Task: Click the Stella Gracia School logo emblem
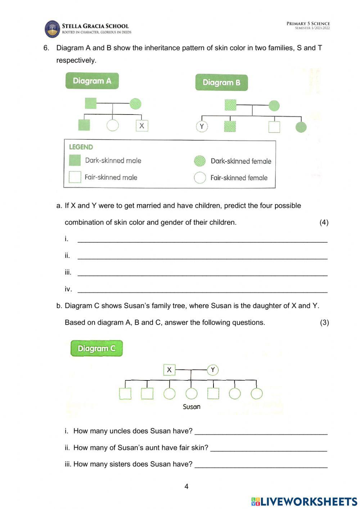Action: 52,29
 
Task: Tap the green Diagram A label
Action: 92,81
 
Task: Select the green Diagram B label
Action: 221,82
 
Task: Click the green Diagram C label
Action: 96,348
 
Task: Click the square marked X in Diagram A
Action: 142,126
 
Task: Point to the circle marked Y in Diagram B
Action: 202,126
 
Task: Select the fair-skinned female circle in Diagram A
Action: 113,125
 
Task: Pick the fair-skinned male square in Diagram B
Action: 274,127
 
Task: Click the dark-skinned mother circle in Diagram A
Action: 135,104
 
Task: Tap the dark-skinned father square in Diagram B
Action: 230,105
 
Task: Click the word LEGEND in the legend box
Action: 81,147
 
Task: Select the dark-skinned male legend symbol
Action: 75,160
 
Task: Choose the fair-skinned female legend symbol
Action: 200,178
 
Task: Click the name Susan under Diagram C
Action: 192,407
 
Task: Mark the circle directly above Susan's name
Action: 192,393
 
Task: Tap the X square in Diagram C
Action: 169,370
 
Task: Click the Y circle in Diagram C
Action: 213,370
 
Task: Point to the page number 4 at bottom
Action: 186,486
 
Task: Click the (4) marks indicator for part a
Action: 324,222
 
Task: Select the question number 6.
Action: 46,48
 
